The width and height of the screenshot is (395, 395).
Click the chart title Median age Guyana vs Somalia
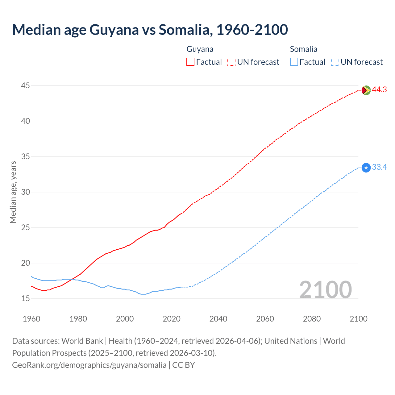(150, 30)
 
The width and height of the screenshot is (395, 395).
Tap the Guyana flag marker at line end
(366, 90)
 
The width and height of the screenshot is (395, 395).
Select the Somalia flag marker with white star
(366, 168)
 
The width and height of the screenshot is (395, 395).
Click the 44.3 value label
(379, 90)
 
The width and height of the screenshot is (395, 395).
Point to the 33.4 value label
(379, 167)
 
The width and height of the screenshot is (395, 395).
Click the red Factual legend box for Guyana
(190, 62)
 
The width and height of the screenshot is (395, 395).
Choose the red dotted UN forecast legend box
(231, 62)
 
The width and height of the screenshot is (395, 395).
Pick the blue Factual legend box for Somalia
(294, 62)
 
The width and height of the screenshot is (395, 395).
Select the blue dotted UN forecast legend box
(335, 62)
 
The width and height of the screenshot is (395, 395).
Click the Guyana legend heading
(200, 49)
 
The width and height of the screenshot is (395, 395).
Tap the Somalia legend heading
(303, 49)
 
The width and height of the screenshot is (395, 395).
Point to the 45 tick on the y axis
(25, 85)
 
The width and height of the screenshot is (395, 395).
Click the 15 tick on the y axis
(25, 299)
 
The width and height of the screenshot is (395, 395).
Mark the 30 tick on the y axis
(25, 192)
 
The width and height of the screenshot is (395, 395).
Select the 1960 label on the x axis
(31, 319)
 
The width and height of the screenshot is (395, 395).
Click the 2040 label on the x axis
(218, 319)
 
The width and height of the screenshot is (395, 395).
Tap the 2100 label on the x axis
(358, 319)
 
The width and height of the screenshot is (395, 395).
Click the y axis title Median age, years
(13, 192)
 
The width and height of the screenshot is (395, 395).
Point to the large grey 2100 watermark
(325, 290)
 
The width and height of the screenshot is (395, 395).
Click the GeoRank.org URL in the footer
(89, 365)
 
